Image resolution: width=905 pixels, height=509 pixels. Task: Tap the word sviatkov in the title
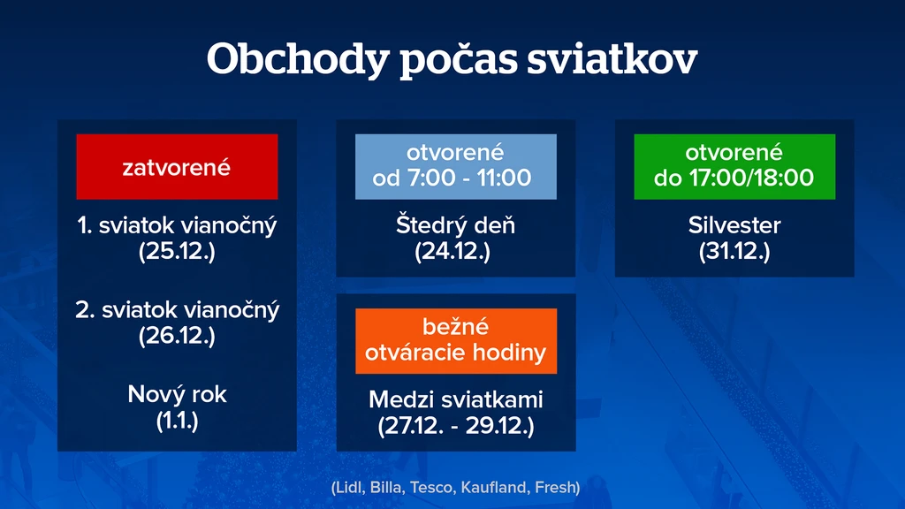click(612, 59)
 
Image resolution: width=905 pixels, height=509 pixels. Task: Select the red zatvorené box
click(177, 167)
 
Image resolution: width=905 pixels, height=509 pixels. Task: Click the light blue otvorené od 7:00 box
click(456, 167)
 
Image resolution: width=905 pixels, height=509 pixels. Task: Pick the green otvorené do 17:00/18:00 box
click(734, 167)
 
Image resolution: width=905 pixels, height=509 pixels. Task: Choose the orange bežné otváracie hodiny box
click(456, 341)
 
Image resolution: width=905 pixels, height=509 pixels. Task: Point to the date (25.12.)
click(177, 251)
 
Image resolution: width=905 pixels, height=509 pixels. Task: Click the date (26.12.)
click(177, 335)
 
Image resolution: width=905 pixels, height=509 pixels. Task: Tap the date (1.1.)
click(177, 420)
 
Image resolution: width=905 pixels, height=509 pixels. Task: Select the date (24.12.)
click(452, 251)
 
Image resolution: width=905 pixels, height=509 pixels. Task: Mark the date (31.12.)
click(734, 251)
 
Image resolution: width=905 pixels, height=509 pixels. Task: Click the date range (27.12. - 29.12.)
click(456, 426)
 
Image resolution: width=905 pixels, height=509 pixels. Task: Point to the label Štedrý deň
click(455, 225)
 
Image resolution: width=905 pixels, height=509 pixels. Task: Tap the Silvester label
click(734, 225)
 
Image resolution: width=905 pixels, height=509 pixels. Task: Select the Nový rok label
click(177, 395)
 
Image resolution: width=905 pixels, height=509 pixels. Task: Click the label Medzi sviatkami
click(456, 399)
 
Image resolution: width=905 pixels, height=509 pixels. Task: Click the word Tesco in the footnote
click(432, 488)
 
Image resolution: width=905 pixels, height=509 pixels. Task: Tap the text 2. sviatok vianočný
click(177, 310)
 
